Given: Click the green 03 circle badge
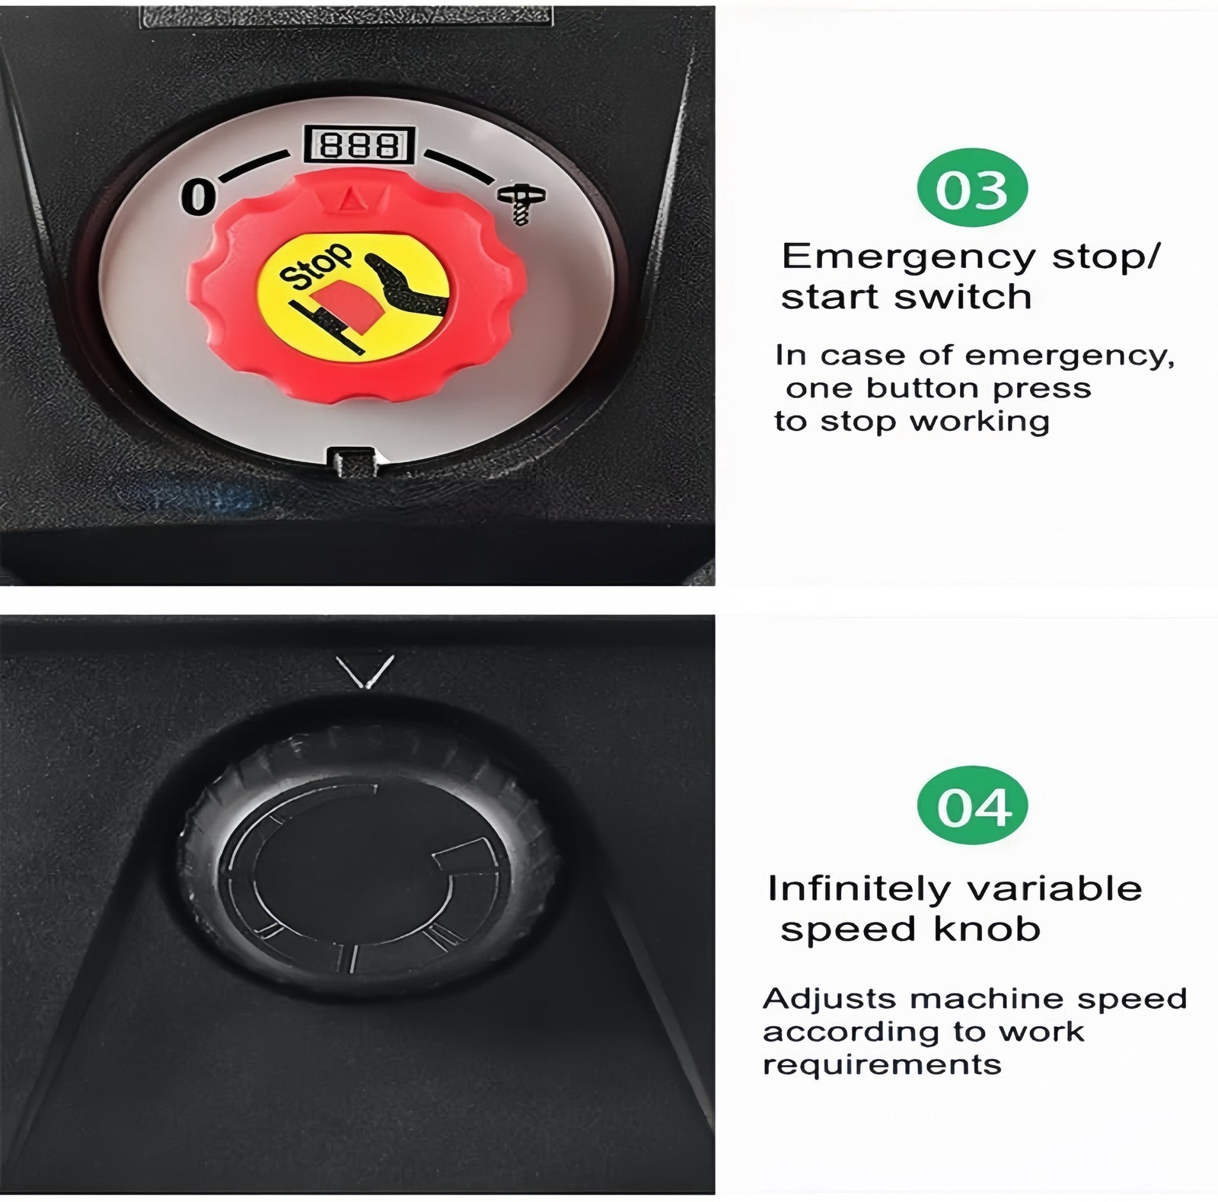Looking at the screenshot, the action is tap(973, 188).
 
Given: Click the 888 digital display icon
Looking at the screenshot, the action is tap(359, 145).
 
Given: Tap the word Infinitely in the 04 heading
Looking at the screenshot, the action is tap(866, 889).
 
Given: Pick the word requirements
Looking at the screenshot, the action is tap(882, 1065).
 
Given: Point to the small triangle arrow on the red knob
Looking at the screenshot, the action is tap(351, 200).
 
